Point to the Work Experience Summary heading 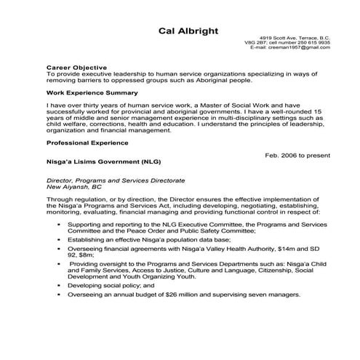pos(91,94)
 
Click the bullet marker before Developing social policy pos(59,286)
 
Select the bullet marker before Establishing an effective pos(59,239)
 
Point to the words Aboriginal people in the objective pos(220,81)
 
